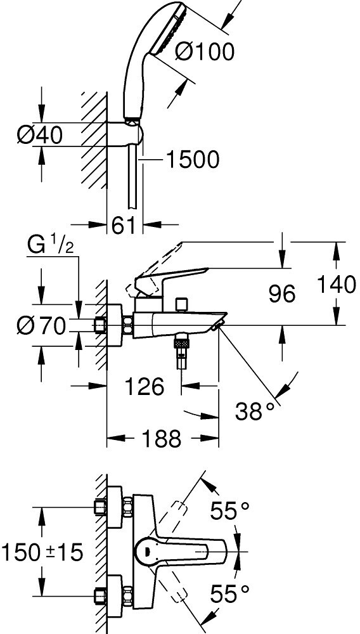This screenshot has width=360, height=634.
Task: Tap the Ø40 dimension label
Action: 39,134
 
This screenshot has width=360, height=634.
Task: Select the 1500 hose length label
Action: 193,160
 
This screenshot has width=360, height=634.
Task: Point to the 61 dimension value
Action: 123,226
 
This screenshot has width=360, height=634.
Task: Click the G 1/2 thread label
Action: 51,246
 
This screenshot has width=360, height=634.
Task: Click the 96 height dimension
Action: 283,294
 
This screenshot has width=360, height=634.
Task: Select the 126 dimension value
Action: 145,387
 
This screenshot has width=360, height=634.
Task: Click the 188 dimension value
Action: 161,438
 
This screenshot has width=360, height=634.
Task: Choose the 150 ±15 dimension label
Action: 42,552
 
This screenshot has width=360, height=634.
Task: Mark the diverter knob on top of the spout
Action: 182,305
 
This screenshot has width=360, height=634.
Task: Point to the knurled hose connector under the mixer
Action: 181,344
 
